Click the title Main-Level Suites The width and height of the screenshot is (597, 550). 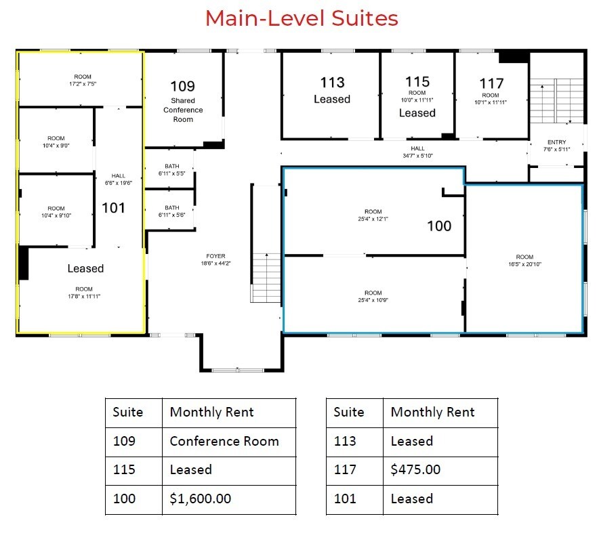[x=302, y=18]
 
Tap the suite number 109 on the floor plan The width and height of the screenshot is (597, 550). [x=182, y=86]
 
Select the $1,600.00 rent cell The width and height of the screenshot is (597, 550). [x=200, y=499]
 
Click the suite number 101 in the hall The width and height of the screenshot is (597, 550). [x=113, y=207]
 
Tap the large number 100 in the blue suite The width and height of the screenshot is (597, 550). [x=439, y=226]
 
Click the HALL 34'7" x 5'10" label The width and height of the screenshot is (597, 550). [x=417, y=152]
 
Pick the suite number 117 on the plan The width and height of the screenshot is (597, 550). [x=491, y=83]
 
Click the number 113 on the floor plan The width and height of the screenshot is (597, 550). [x=332, y=83]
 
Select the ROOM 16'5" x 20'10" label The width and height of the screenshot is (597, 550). [x=524, y=260]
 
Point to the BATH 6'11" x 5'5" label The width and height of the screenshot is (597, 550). [x=171, y=170]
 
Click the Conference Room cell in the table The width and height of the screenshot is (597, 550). [x=224, y=441]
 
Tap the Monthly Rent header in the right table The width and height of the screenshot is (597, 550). [x=432, y=412]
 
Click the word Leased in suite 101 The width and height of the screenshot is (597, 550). [x=85, y=268]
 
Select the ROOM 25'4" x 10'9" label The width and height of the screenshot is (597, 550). [x=373, y=296]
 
